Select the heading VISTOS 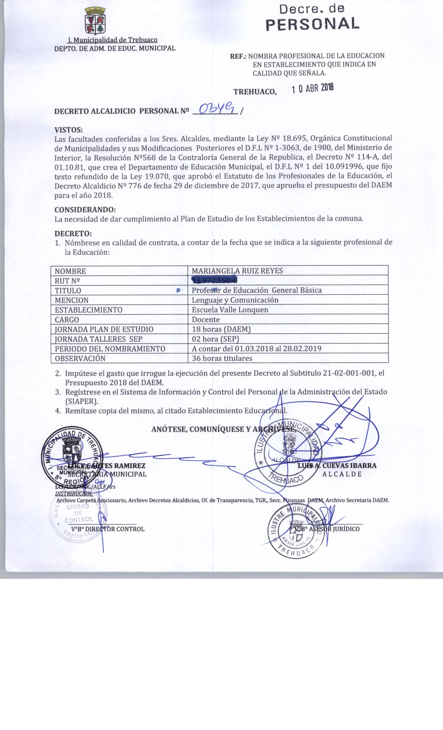click(x=69, y=130)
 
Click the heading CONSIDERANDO click(x=85, y=210)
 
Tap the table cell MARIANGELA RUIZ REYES click(x=237, y=271)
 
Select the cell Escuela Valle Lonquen click(x=230, y=309)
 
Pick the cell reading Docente click(x=206, y=319)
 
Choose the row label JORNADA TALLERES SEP click(x=98, y=339)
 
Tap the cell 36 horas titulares click(x=222, y=358)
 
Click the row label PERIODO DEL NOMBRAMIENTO click(x=110, y=349)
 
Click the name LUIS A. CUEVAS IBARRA click(x=337, y=465)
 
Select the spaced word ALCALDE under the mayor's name click(x=342, y=474)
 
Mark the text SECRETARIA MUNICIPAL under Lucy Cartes click(x=107, y=474)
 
